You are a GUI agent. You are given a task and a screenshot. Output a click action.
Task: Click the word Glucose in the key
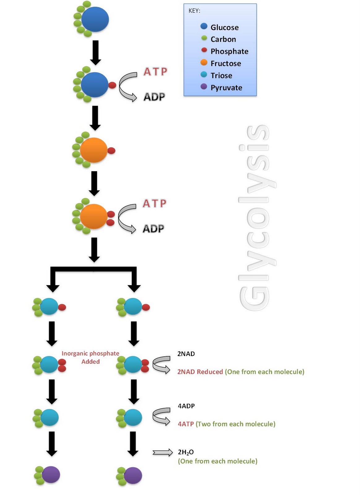click(x=224, y=28)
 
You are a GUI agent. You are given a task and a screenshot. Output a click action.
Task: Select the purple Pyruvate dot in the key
click(x=204, y=87)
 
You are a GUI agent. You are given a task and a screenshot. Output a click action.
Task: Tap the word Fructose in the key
click(x=226, y=63)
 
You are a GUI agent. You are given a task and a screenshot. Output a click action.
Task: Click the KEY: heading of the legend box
click(x=194, y=11)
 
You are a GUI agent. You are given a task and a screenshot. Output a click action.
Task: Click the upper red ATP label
click(x=155, y=71)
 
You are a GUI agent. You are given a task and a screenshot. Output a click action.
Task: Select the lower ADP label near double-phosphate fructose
click(x=154, y=229)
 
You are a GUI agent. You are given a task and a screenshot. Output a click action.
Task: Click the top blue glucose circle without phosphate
click(x=95, y=19)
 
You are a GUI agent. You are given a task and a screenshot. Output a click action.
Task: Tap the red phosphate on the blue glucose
click(x=112, y=85)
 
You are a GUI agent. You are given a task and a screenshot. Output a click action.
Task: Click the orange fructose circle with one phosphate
click(x=93, y=150)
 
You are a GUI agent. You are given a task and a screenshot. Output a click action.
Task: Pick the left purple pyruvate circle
click(x=51, y=475)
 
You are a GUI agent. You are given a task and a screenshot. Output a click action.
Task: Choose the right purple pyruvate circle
click(x=133, y=476)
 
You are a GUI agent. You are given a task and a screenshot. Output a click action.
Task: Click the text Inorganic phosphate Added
click(x=90, y=357)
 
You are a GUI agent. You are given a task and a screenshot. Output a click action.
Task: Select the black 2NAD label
click(x=186, y=354)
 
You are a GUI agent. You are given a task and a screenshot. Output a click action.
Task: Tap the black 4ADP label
click(x=186, y=406)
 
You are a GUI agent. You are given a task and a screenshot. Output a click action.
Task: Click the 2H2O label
click(x=186, y=452)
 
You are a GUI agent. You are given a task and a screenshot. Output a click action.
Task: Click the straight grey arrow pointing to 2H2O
click(x=163, y=453)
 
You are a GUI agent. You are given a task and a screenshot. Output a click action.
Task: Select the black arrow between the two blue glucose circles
click(x=96, y=52)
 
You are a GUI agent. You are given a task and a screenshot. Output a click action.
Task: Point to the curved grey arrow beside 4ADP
click(x=162, y=416)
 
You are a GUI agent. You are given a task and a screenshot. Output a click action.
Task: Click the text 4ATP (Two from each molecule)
click(x=226, y=424)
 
